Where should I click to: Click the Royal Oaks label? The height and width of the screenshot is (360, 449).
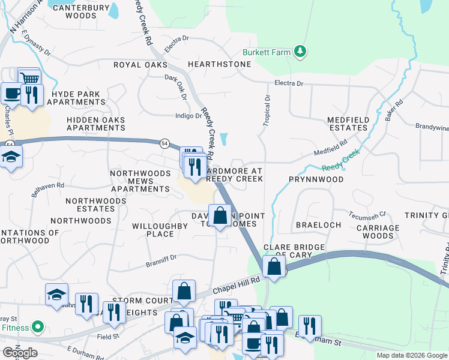(140, 65)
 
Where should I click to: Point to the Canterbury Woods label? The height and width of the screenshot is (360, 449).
(82, 12)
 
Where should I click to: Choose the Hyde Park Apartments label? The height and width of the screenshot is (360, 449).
(79, 98)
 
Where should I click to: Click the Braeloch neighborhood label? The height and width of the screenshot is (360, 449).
(318, 225)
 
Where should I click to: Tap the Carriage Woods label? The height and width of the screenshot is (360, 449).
(378, 232)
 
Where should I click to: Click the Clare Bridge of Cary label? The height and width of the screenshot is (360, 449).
(294, 251)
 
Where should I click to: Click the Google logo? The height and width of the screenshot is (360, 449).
(20, 353)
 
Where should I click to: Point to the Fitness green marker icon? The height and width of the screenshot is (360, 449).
(38, 328)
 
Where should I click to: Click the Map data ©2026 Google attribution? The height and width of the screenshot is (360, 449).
(411, 355)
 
